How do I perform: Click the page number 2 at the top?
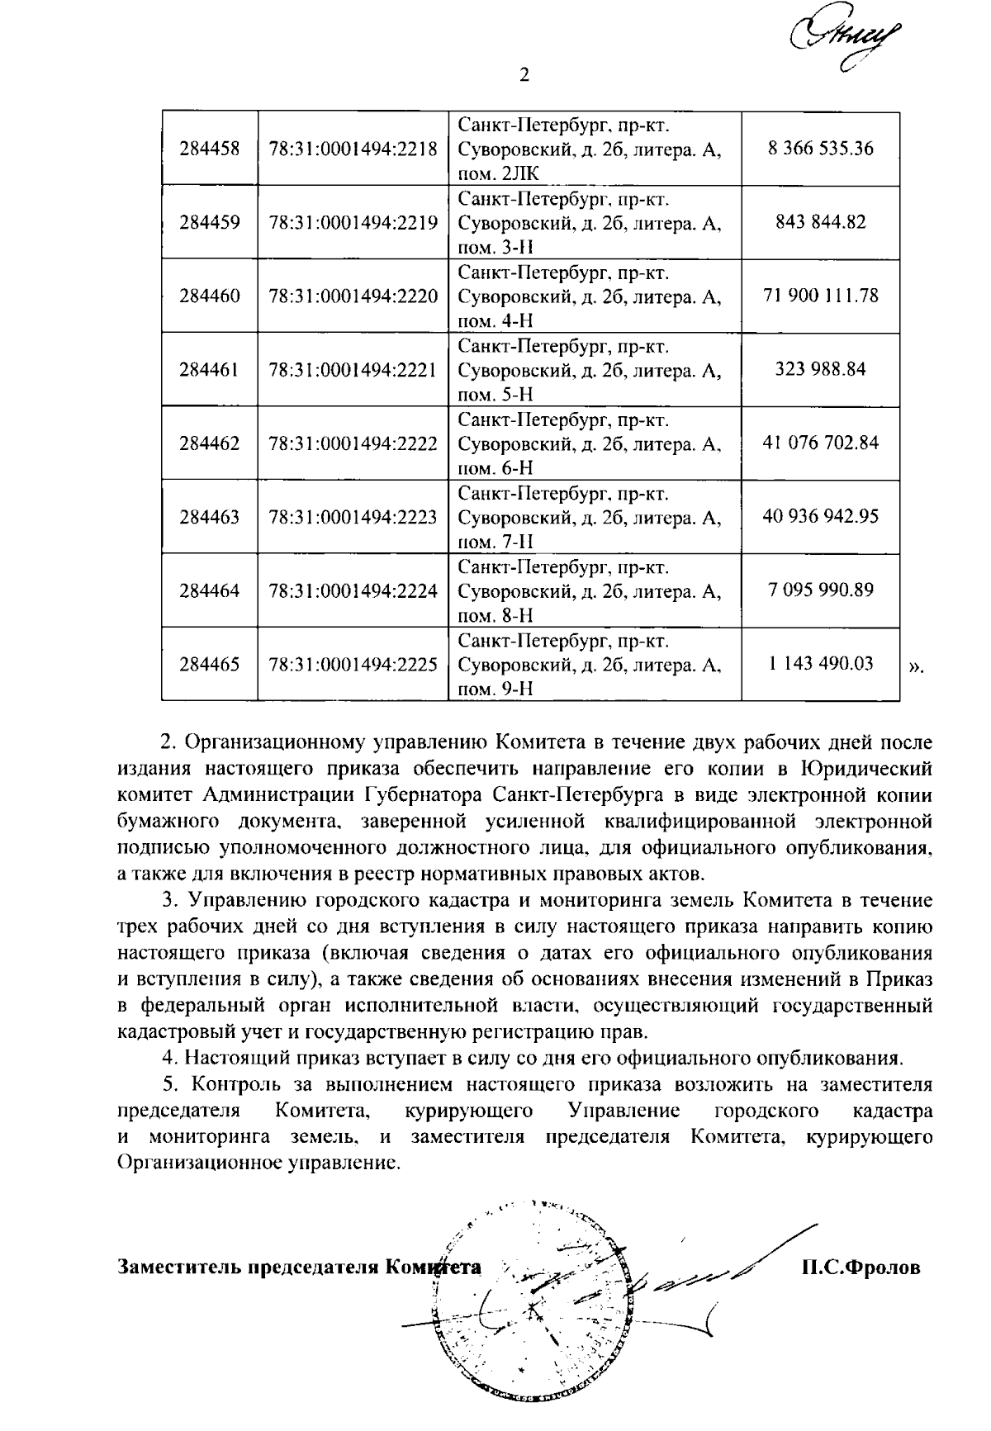pos(523,76)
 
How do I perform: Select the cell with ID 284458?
pos(210,149)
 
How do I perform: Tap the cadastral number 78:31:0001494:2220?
pos(353,296)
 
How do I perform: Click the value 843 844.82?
pos(820,222)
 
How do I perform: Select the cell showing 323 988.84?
pos(820,369)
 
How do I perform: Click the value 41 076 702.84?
pos(820,443)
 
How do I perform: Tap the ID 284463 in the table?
pos(210,517)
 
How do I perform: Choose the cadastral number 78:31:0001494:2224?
pos(353,590)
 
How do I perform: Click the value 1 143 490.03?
pos(820,664)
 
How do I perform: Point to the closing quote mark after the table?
pos(915,666)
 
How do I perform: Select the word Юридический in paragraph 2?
pos(866,769)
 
